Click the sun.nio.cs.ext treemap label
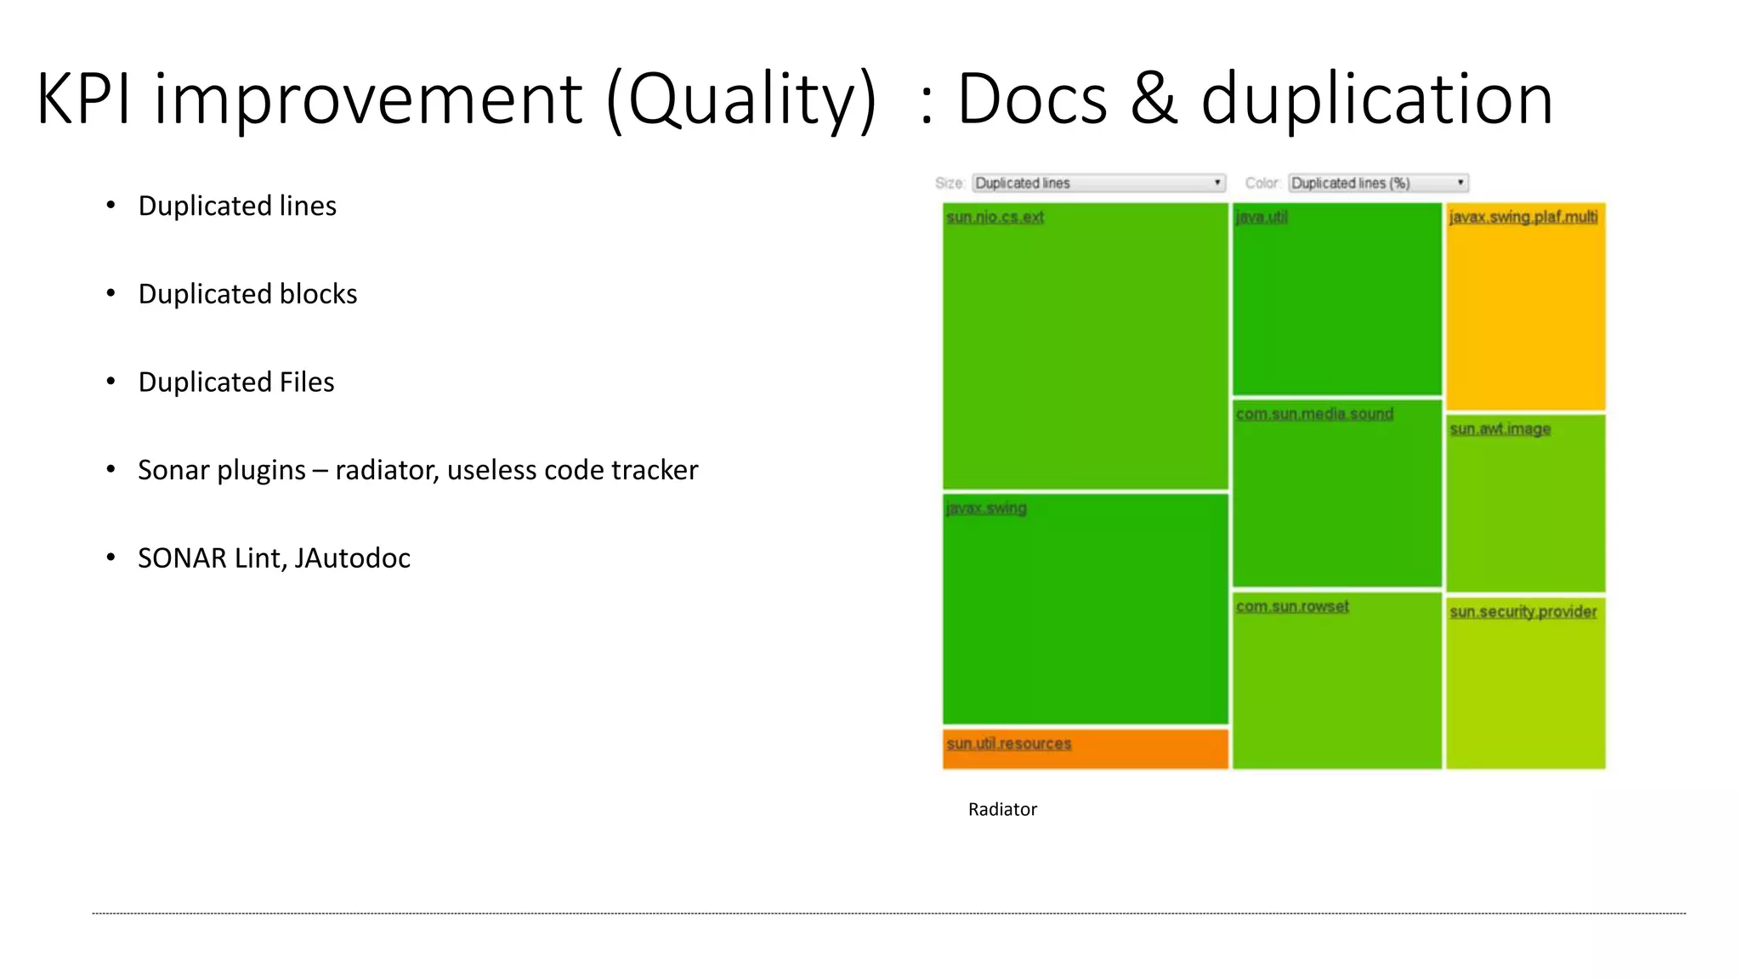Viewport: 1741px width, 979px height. coord(995,218)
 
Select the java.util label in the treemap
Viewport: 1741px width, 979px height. coord(1262,218)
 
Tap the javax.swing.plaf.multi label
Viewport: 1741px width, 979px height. coord(1523,218)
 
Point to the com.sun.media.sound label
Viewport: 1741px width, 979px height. coord(1314,414)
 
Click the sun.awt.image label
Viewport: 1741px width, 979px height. coord(1500,429)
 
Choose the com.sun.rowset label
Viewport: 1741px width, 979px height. coord(1292,607)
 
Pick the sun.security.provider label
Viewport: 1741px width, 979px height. coord(1523,612)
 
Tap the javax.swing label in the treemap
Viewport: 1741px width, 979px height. coord(986,508)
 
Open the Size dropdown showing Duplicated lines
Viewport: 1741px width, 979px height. coord(1098,183)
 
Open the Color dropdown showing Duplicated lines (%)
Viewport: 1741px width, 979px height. coord(1378,183)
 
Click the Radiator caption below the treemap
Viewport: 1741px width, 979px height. coord(1002,809)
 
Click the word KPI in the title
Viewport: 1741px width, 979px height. coord(83,99)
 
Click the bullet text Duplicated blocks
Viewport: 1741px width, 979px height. coord(247,294)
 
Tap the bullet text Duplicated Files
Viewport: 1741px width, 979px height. coord(236,382)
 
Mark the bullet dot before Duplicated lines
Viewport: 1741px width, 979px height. coord(111,205)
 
